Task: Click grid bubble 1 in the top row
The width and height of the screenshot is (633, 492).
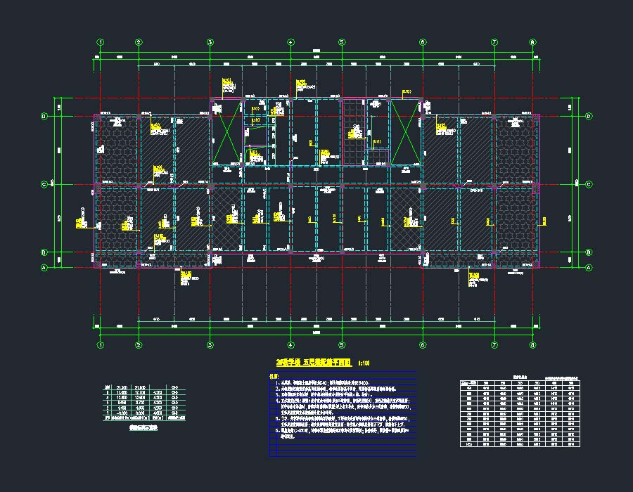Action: [x=101, y=42]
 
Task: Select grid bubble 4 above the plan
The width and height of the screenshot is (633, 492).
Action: [x=290, y=42]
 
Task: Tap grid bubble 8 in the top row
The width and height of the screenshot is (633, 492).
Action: [x=533, y=42]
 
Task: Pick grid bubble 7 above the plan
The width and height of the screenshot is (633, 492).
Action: [x=494, y=42]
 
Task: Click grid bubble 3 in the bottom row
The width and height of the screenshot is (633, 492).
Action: [x=210, y=345]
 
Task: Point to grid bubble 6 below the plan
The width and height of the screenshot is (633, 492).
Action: [x=423, y=345]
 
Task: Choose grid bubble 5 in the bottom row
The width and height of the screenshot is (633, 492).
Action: [x=342, y=345]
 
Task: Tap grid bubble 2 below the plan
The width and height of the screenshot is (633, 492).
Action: [x=139, y=345]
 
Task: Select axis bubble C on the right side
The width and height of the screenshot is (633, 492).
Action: [x=588, y=184]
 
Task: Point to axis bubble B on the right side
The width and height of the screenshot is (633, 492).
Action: [x=588, y=252]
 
